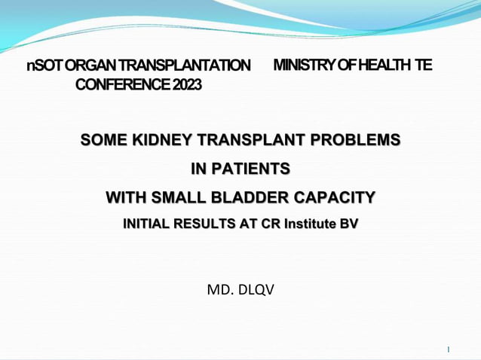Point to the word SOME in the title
pos(103,140)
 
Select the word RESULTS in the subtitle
pos(204,224)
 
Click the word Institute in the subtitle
pos(308,224)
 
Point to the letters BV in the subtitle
pos(348,224)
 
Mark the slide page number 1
pos(448,349)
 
